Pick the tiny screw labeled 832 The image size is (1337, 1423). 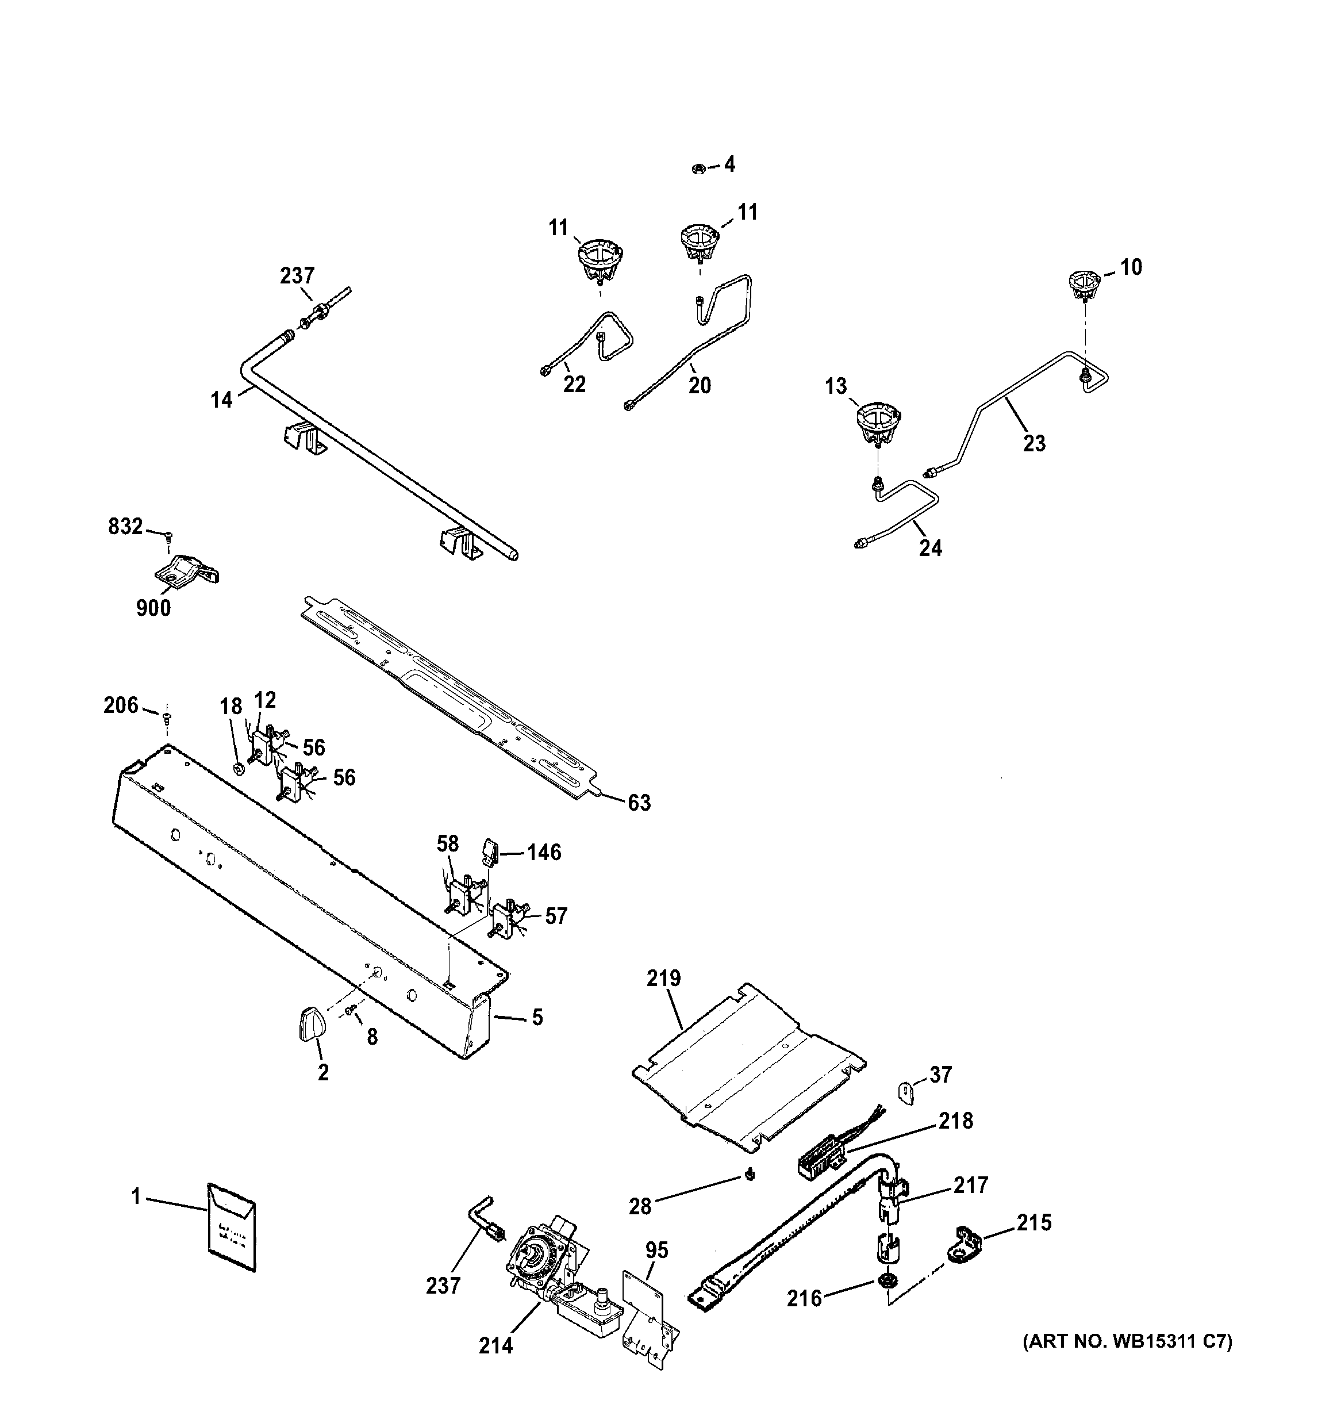click(x=169, y=534)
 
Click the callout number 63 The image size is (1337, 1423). click(x=639, y=803)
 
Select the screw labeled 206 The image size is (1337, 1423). click(x=167, y=715)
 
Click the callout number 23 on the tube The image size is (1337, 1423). click(x=1034, y=444)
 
